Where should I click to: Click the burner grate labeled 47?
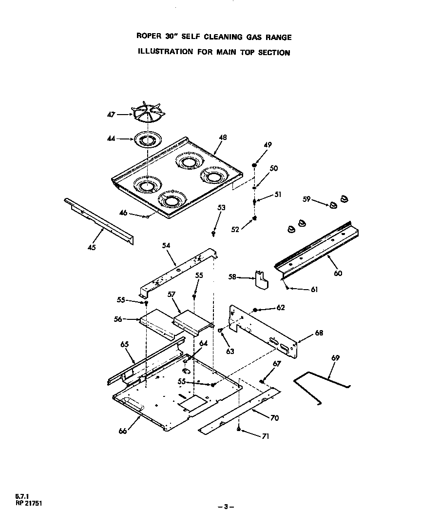tap(148, 115)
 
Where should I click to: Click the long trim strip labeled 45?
tap(100, 220)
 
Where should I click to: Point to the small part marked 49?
tap(254, 166)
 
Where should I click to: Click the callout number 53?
tap(221, 208)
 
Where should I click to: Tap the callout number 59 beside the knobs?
tap(306, 199)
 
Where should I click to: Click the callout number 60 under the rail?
tap(338, 273)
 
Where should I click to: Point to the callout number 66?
tap(123, 431)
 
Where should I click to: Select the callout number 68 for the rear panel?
tap(319, 333)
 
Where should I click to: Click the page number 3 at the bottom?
tap(226, 507)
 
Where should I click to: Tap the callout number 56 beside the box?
tap(118, 319)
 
